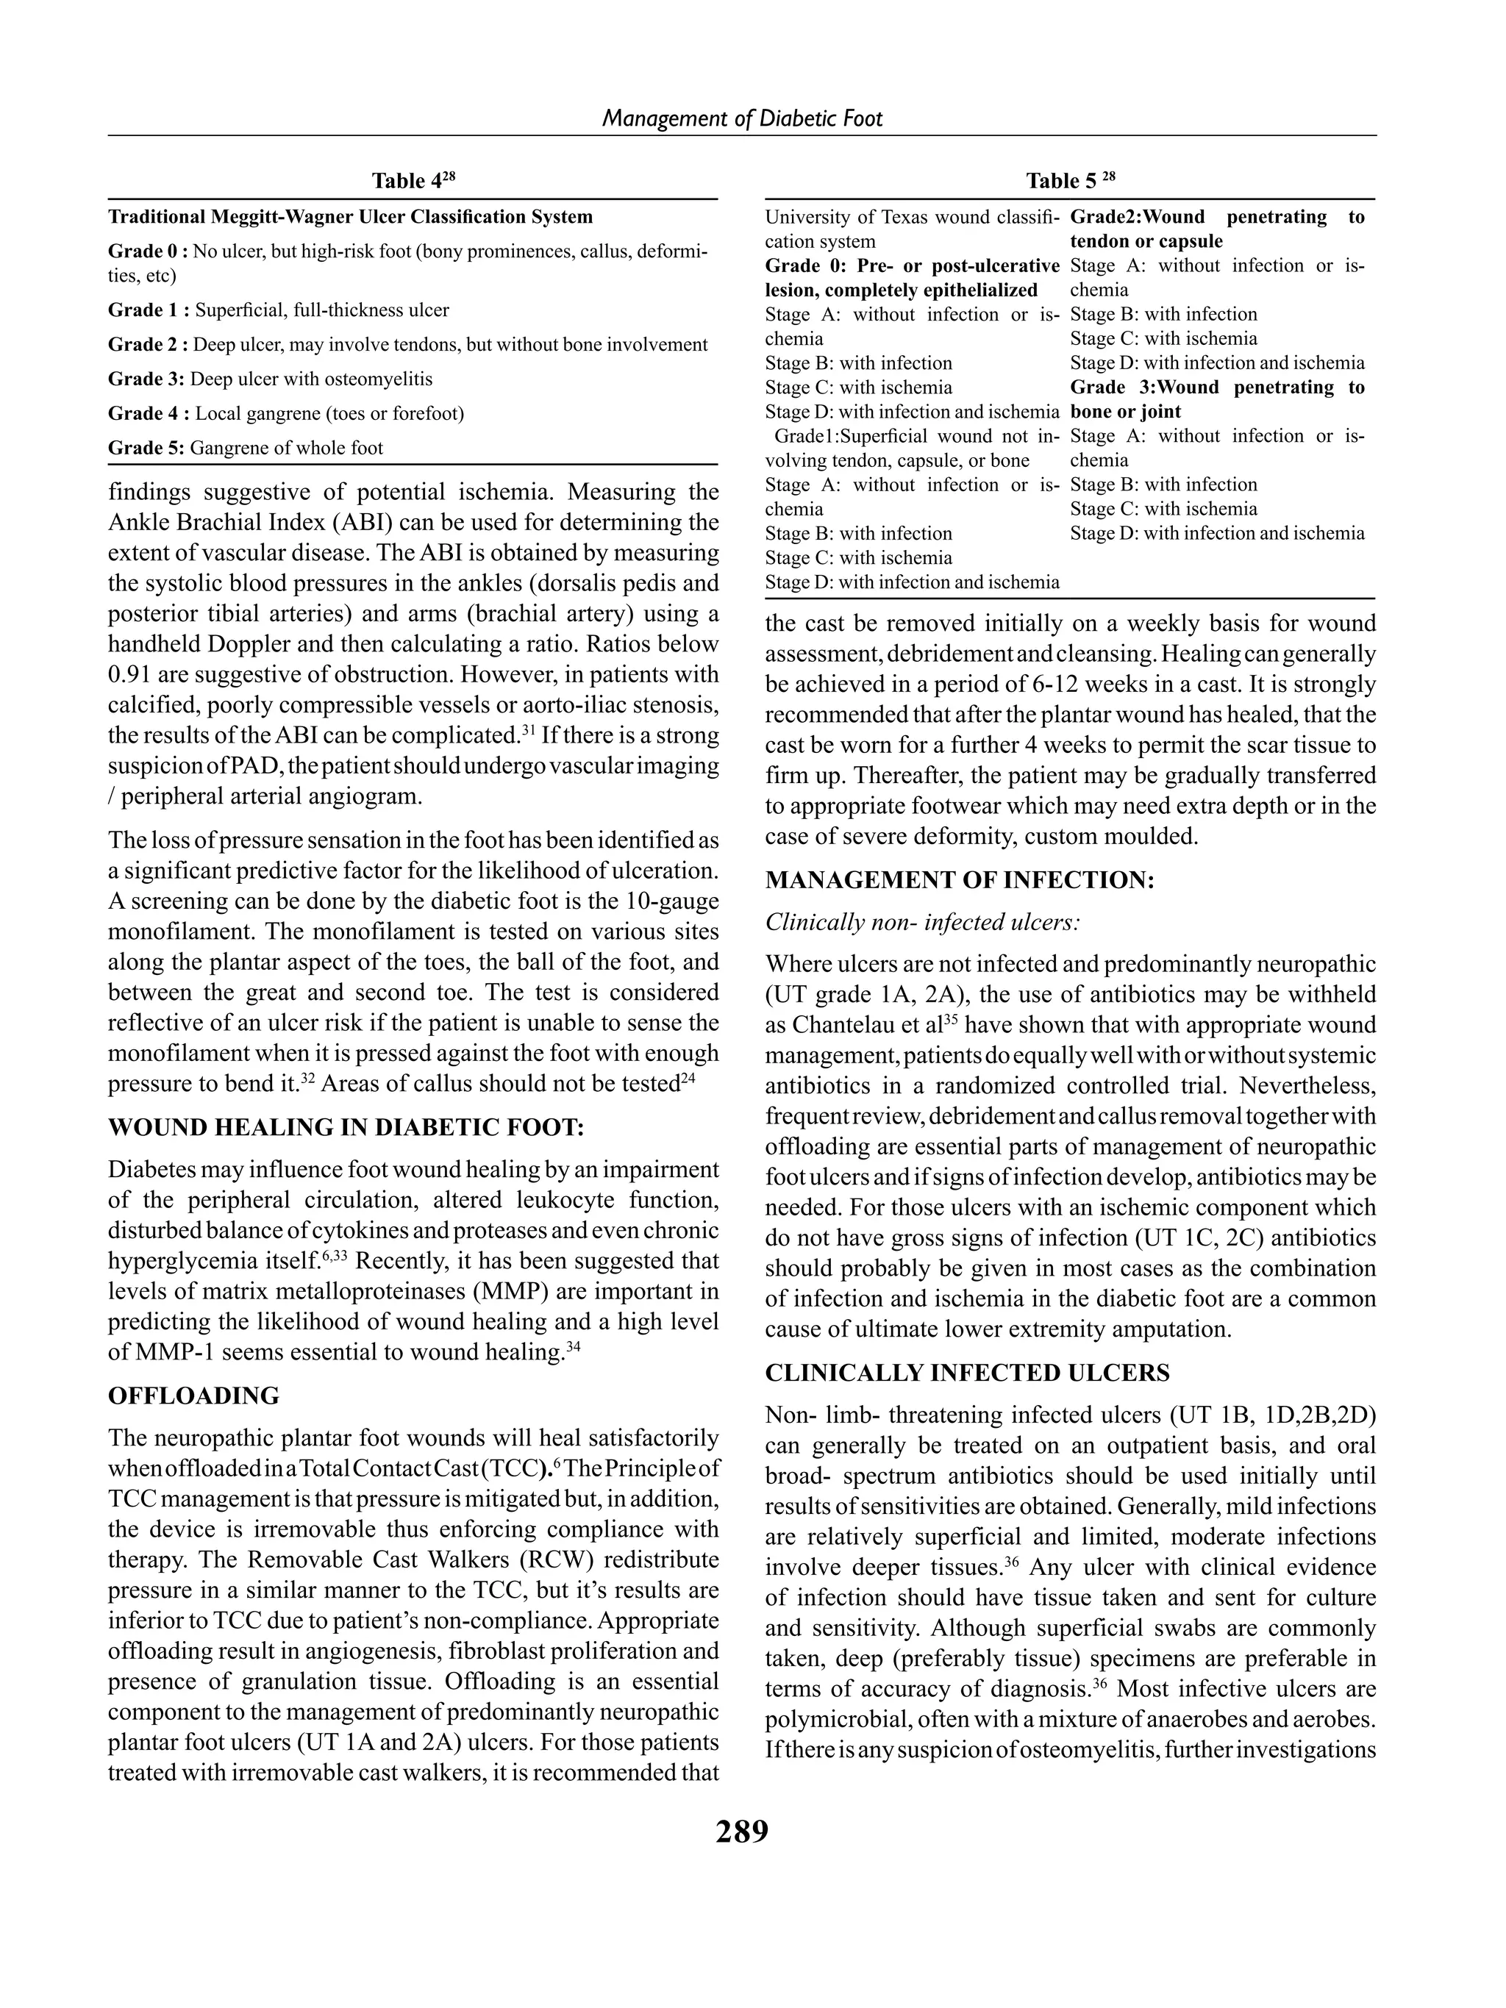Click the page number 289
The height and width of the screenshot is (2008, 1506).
click(742, 1830)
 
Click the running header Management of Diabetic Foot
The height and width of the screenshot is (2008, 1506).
click(742, 118)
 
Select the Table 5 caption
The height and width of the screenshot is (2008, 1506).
click(1069, 181)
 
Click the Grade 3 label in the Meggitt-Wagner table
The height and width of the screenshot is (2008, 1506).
click(146, 379)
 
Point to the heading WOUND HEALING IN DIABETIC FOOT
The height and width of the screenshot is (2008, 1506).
click(346, 1127)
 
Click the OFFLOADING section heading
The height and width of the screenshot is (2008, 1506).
click(193, 1396)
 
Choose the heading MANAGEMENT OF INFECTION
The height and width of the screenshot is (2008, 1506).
click(960, 879)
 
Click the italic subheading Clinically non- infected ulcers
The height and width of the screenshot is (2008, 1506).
click(922, 922)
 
